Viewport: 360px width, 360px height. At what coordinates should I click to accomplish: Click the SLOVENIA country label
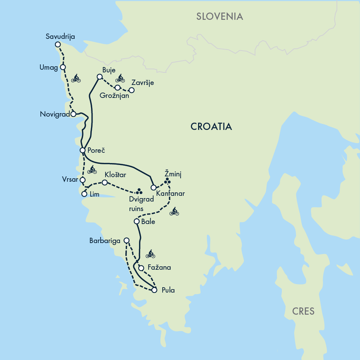tap(219, 16)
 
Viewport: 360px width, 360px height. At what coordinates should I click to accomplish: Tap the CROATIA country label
tap(211, 127)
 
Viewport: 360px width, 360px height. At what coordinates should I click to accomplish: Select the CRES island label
tap(303, 311)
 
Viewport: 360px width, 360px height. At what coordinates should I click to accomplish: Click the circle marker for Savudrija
tap(58, 45)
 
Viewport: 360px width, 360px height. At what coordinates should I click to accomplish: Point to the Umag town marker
tap(63, 67)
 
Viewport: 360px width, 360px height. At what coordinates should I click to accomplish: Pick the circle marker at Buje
tap(99, 77)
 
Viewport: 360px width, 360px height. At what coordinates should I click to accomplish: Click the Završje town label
tap(142, 83)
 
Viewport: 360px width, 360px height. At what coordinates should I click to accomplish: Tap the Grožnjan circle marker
tap(118, 88)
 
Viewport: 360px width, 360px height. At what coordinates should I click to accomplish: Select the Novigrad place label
tap(55, 114)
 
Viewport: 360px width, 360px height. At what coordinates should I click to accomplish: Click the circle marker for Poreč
tap(82, 150)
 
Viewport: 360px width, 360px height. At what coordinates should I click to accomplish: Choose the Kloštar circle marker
tap(105, 182)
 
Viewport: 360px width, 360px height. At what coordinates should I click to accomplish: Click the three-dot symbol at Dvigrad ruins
tap(139, 191)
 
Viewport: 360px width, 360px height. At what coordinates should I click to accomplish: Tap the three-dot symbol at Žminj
tap(167, 181)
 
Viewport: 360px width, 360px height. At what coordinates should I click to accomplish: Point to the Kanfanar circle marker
tap(154, 187)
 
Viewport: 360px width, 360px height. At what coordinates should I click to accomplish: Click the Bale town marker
tap(136, 221)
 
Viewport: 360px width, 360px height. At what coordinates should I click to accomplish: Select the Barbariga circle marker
tap(127, 240)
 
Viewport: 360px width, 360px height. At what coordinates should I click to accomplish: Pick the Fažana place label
tap(159, 268)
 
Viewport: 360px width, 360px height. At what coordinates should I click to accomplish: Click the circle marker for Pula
tap(154, 290)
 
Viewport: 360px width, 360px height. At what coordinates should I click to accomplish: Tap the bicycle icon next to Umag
tap(76, 78)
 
